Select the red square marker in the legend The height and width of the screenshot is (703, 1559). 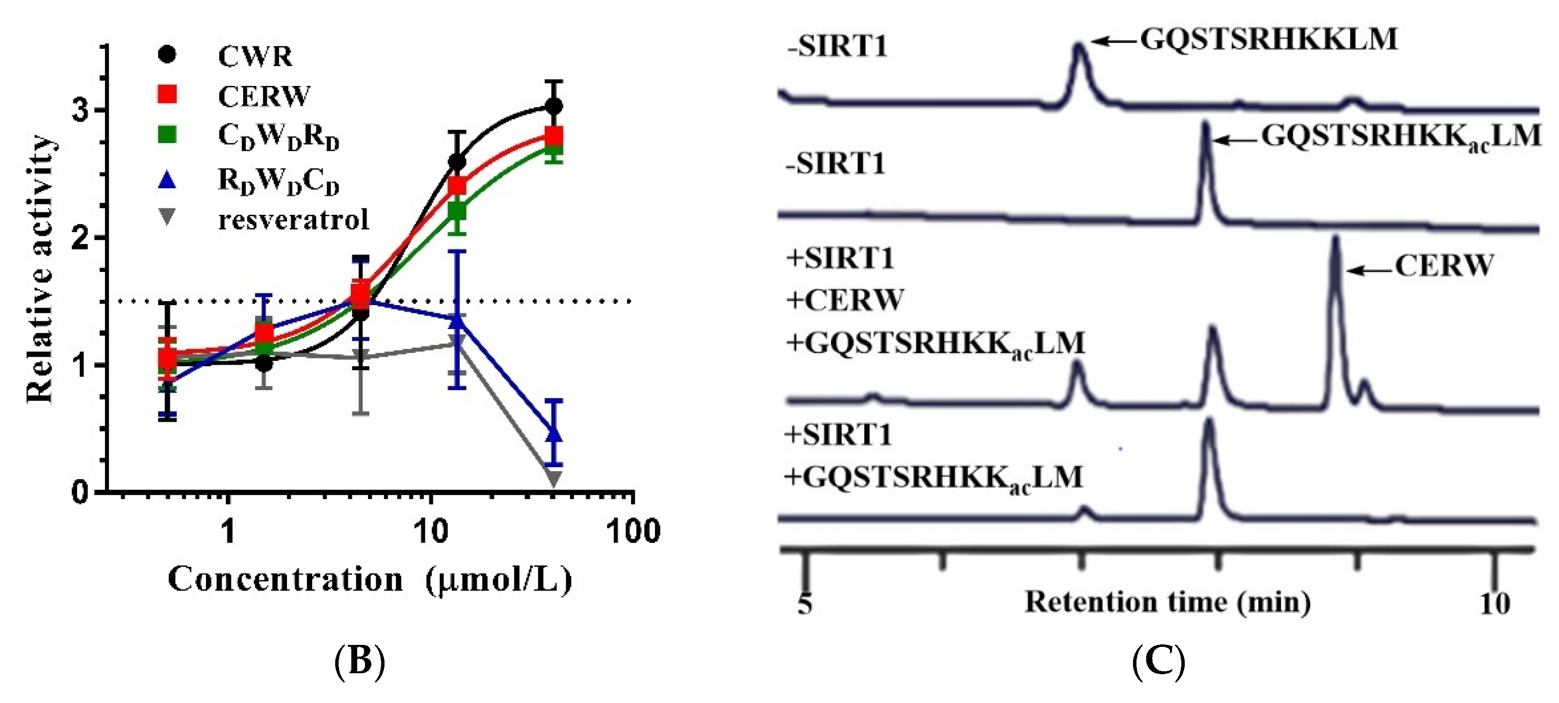tap(167, 94)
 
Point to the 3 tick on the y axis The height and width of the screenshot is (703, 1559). tap(81, 110)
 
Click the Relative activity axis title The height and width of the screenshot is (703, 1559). tap(40, 269)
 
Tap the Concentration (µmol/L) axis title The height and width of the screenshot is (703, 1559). tap(370, 579)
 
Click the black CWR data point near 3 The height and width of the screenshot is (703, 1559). tap(553, 106)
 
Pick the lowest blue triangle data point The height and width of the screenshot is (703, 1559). tap(553, 434)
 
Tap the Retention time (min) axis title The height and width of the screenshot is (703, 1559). tap(1168, 602)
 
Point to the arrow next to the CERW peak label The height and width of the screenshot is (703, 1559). tap(1369, 270)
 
